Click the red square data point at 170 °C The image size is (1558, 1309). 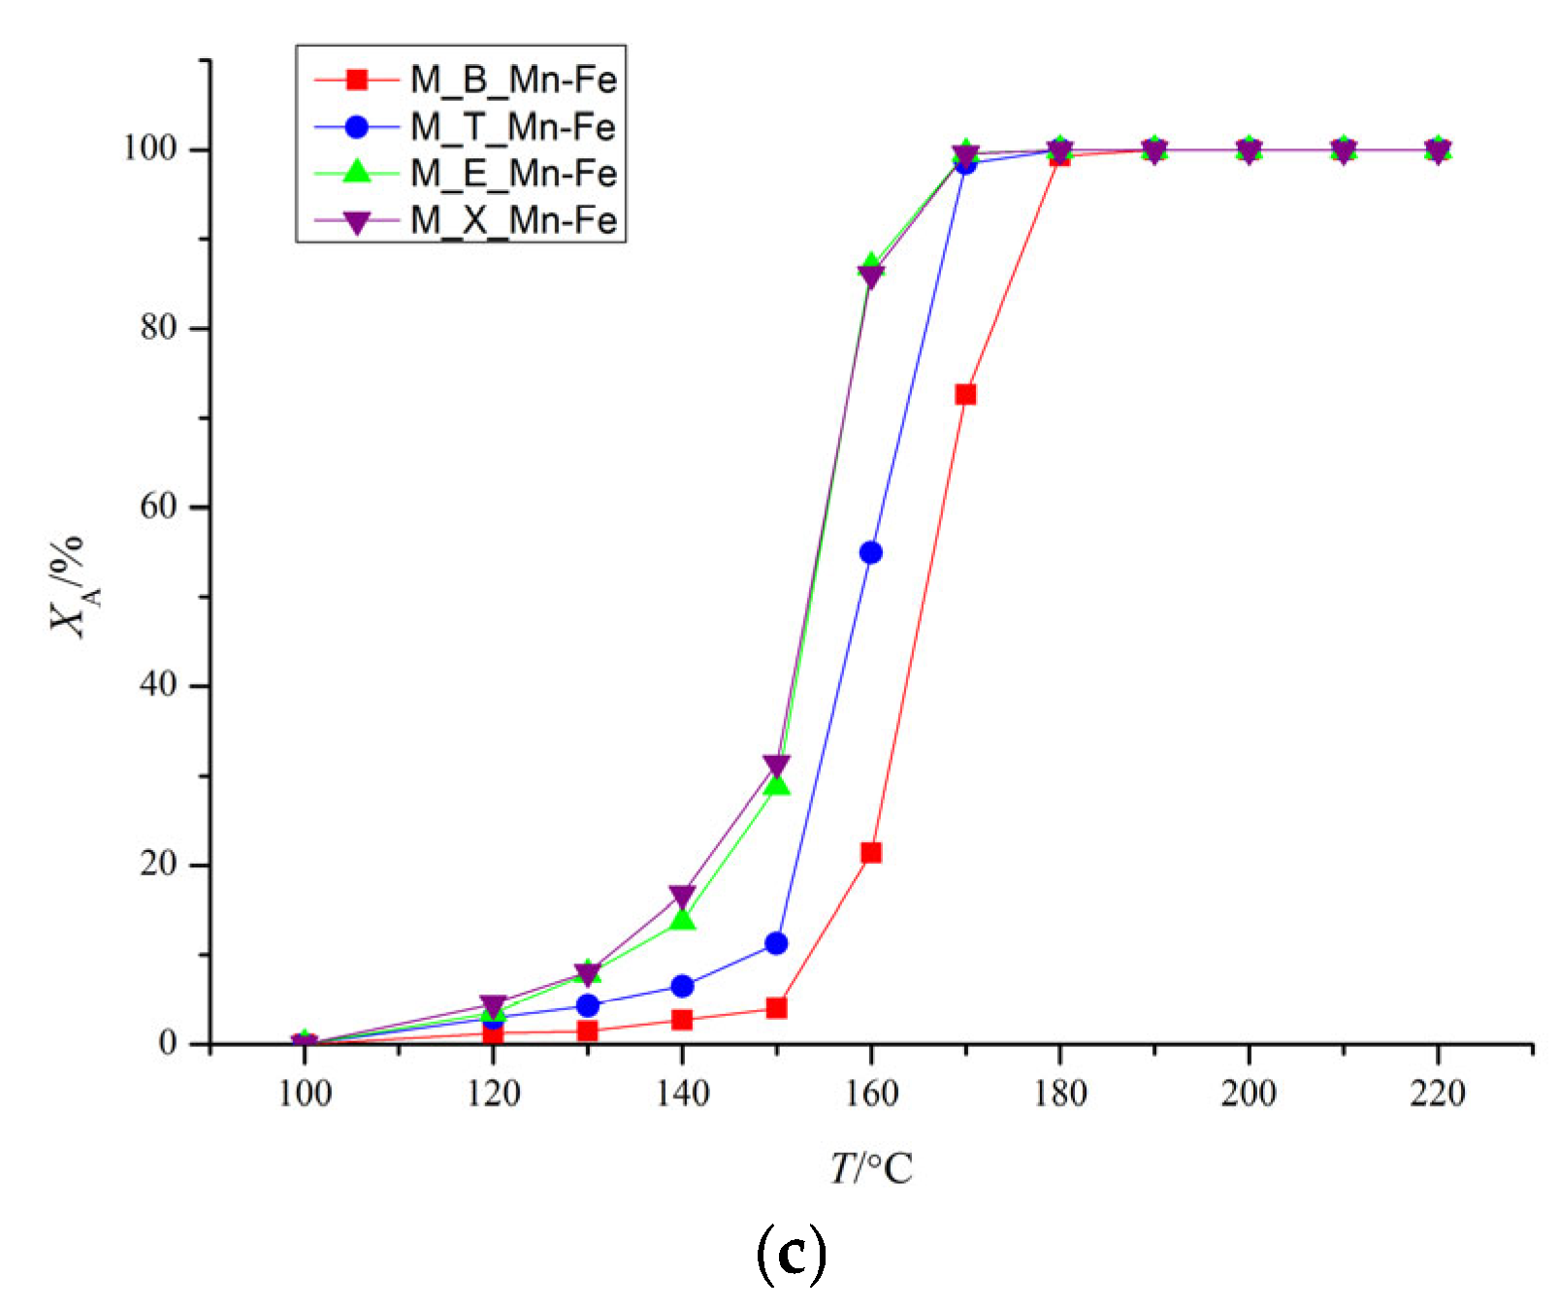965,394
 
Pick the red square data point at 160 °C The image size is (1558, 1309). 871,852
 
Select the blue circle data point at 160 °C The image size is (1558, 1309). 871,552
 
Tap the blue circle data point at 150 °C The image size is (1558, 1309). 776,942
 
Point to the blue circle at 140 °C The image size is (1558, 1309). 682,986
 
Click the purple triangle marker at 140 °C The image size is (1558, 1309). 682,896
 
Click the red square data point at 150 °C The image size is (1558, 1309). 776,1008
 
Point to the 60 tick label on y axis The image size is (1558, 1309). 158,507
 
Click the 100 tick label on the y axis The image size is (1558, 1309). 149,148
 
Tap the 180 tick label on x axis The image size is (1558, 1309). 1059,1094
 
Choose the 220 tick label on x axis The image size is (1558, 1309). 1438,1094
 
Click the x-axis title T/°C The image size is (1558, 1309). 871,1168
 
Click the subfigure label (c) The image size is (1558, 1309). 790,1256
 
